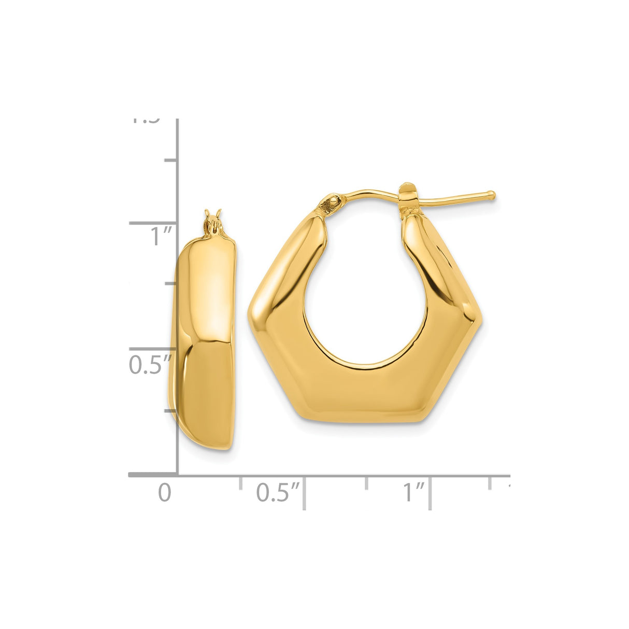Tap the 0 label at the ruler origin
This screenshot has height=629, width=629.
(x=164, y=492)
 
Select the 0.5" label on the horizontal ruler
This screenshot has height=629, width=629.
(x=279, y=492)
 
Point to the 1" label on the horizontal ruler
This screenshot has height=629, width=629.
(x=414, y=492)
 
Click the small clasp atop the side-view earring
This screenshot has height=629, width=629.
(x=213, y=222)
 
